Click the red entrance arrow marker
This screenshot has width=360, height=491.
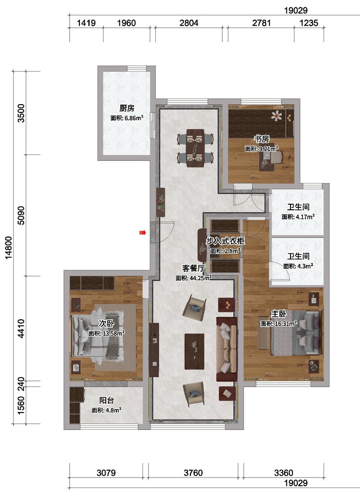tap(143, 232)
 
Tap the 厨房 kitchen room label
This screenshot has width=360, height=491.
tap(127, 109)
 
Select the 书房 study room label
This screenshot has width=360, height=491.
tap(261, 139)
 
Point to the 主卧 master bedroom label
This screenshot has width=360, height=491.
tap(278, 314)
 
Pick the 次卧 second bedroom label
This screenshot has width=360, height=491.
tap(107, 323)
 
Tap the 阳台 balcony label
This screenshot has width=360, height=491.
tap(107, 400)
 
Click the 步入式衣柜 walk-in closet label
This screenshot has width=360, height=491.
tap(225, 241)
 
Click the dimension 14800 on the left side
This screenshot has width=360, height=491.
tap(8, 247)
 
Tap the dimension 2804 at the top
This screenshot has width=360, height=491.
tap(189, 23)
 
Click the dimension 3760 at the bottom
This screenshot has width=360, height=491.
tap(193, 473)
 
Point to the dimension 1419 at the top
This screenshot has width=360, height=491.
tap(86, 23)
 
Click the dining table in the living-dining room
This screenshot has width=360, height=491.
tap(195, 148)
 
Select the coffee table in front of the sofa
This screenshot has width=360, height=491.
tap(194, 351)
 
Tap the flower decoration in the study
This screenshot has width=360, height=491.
tap(277, 115)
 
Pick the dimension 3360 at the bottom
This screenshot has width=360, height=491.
tap(284, 473)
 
